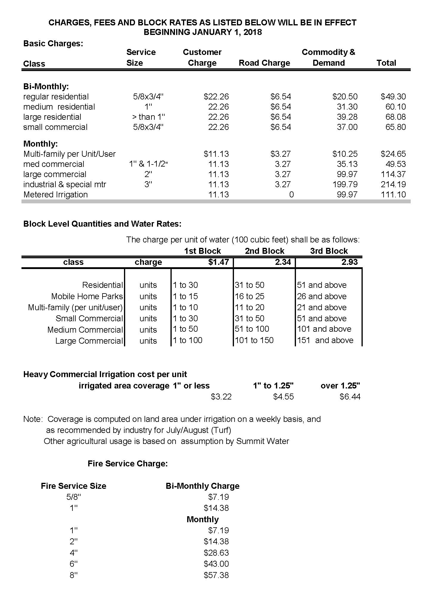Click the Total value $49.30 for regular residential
tap(393, 97)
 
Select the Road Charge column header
tap(264, 63)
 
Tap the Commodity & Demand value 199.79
tap(345, 185)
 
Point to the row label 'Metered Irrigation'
tap(55, 195)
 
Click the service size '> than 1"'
tap(148, 117)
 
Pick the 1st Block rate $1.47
tap(218, 262)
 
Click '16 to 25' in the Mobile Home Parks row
tap(249, 296)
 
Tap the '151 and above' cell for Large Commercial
tap(325, 340)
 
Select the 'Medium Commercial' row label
tap(85, 330)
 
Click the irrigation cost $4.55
tap(283, 397)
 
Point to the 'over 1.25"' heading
tap(340, 386)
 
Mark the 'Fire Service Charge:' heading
tap(128, 464)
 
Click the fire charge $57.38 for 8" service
tap(216, 575)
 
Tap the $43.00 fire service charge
tap(216, 564)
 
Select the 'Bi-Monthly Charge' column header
tap(202, 486)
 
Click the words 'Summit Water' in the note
tap(262, 441)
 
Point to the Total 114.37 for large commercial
tap(393, 174)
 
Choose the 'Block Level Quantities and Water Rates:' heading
tap(102, 224)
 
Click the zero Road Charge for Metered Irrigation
tap(291, 195)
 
